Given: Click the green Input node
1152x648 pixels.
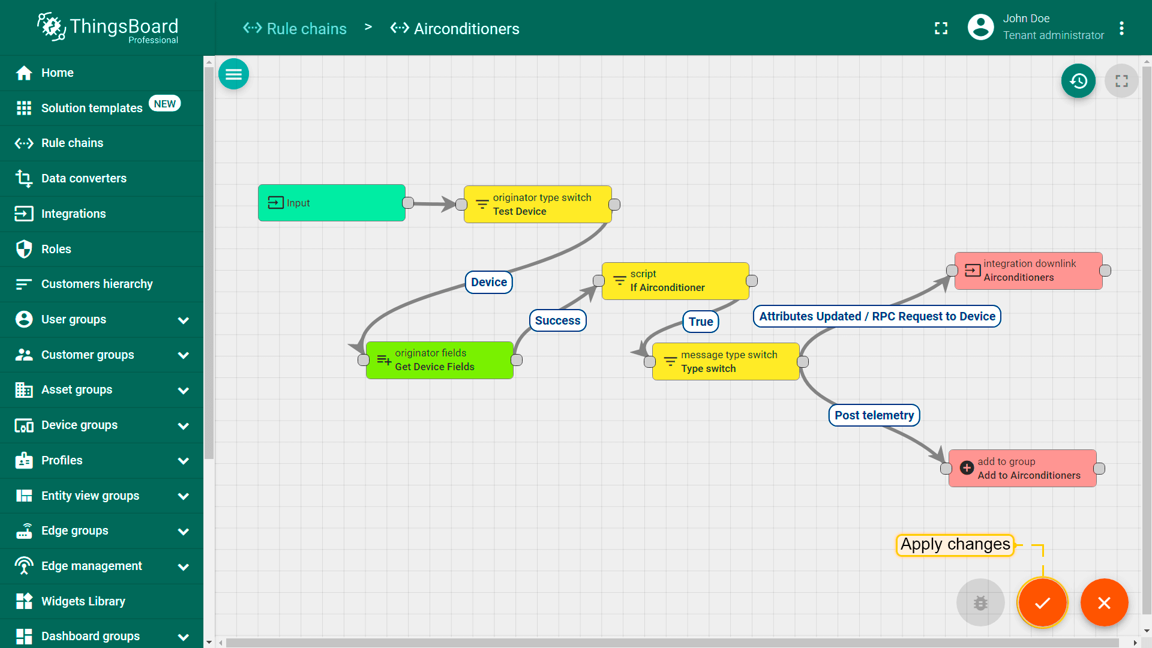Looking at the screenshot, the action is (x=332, y=203).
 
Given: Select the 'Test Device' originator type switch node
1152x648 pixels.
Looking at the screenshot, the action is (x=538, y=205).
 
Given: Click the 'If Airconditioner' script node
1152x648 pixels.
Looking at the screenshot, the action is (x=676, y=281).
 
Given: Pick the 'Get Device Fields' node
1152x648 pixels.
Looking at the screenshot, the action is (x=440, y=360).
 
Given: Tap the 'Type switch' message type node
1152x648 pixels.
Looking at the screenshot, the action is (x=726, y=362).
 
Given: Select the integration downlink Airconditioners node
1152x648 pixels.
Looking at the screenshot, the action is (x=1028, y=271).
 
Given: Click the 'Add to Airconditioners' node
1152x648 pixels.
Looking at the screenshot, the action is (x=1022, y=469).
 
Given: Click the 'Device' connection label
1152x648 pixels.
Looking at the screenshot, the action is (x=489, y=282).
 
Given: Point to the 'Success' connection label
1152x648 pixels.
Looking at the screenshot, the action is (x=558, y=320).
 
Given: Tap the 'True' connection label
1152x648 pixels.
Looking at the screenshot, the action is (x=701, y=322).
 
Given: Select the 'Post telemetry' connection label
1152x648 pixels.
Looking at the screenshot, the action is (x=874, y=415).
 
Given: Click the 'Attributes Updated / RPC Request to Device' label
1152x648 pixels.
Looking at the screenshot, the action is (x=877, y=316).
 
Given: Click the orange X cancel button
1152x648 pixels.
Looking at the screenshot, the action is (x=1104, y=602).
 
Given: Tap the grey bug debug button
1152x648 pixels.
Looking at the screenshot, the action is (x=980, y=602).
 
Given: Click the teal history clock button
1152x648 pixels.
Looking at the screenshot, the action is (x=1078, y=81).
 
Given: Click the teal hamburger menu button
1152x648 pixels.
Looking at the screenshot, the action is (x=233, y=74).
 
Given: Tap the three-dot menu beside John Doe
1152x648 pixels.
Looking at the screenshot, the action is (x=1121, y=28).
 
